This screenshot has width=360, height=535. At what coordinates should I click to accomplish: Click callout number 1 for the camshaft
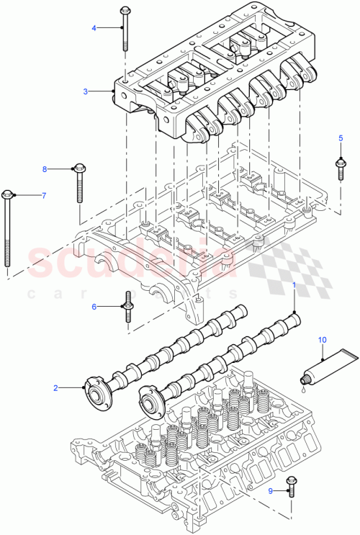(x=294, y=286)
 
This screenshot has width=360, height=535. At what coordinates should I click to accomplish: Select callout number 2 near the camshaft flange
(x=55, y=388)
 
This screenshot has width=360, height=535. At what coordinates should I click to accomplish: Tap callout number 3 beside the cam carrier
(x=85, y=91)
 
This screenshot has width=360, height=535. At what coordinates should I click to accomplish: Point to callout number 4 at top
(x=93, y=28)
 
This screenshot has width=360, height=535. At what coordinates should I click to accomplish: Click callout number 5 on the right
(x=341, y=138)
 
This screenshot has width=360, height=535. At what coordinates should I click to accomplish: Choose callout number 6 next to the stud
(x=94, y=307)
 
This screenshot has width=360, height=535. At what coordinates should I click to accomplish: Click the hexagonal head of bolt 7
(x=8, y=194)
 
